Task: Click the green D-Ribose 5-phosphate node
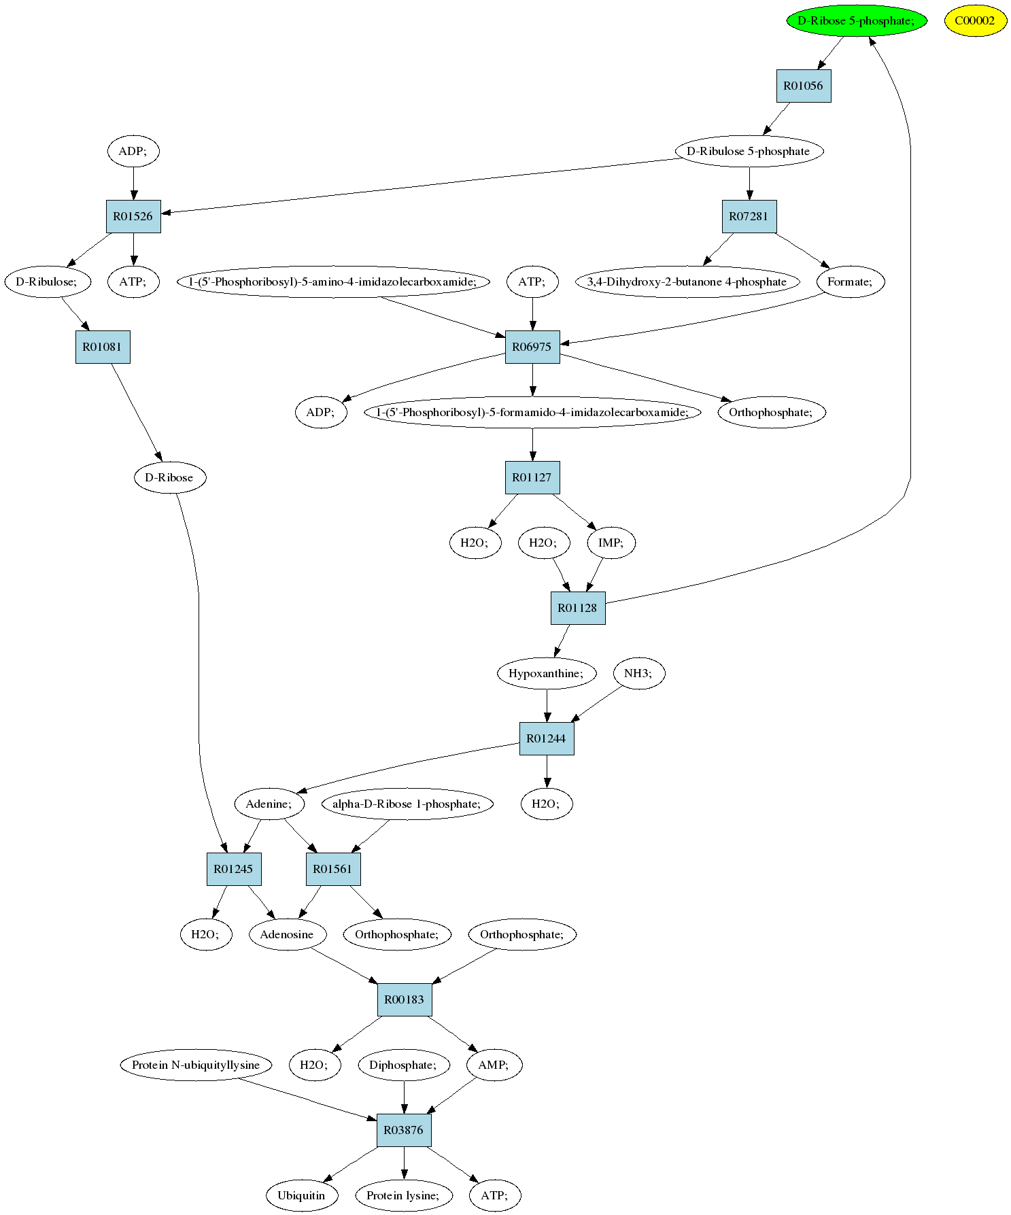tap(857, 20)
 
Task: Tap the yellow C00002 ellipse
tap(975, 20)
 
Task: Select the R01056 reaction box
tap(804, 86)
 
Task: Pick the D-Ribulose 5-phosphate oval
tap(749, 151)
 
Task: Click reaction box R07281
tap(749, 216)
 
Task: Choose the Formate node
tap(851, 281)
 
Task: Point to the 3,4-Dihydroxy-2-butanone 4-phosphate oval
tap(688, 281)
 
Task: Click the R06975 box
tap(532, 347)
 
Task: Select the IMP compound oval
tap(611, 543)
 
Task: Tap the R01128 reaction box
tap(578, 608)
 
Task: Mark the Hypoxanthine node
tap(547, 673)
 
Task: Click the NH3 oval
tap(638, 673)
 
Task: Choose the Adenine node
tap(269, 804)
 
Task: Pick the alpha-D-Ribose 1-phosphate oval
tap(407, 804)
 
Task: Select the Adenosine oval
tap(288, 934)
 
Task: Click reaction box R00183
tap(405, 999)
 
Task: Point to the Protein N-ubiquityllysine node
tap(196, 1065)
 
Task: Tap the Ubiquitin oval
tap(302, 1195)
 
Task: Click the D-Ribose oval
tap(170, 477)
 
